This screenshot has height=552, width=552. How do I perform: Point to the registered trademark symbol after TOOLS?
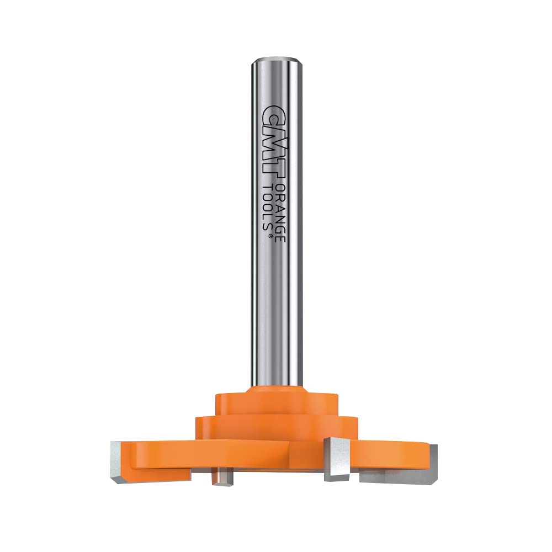pos(270,236)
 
